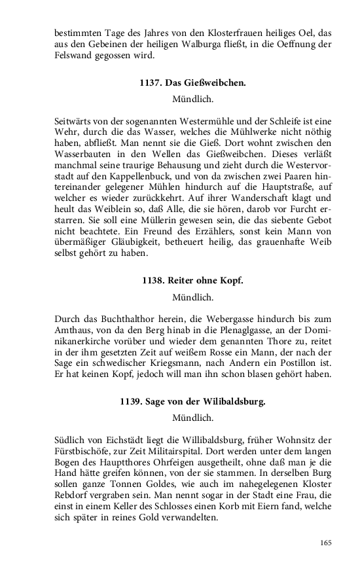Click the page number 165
pos(326,542)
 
